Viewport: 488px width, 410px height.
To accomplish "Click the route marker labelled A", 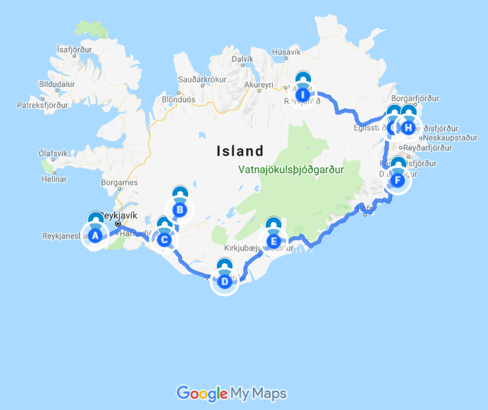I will coord(95,236).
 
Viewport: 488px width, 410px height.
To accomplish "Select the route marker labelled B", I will coord(180,209).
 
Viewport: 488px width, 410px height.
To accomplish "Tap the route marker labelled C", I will coord(164,240).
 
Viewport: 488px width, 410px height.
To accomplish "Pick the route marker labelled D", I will coord(225,281).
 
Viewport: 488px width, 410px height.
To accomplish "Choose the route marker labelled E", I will coord(274,241).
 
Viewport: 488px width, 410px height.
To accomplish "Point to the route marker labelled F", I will coord(398,180).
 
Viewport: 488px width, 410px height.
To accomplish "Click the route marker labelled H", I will coord(409,127).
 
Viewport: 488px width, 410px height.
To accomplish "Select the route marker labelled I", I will coord(302,95).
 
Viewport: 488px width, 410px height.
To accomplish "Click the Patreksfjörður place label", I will coord(42,105).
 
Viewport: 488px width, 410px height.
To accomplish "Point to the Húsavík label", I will coord(286,52).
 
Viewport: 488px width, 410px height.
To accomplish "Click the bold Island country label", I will coord(240,151).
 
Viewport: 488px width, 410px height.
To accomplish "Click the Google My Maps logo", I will coord(232,393).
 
